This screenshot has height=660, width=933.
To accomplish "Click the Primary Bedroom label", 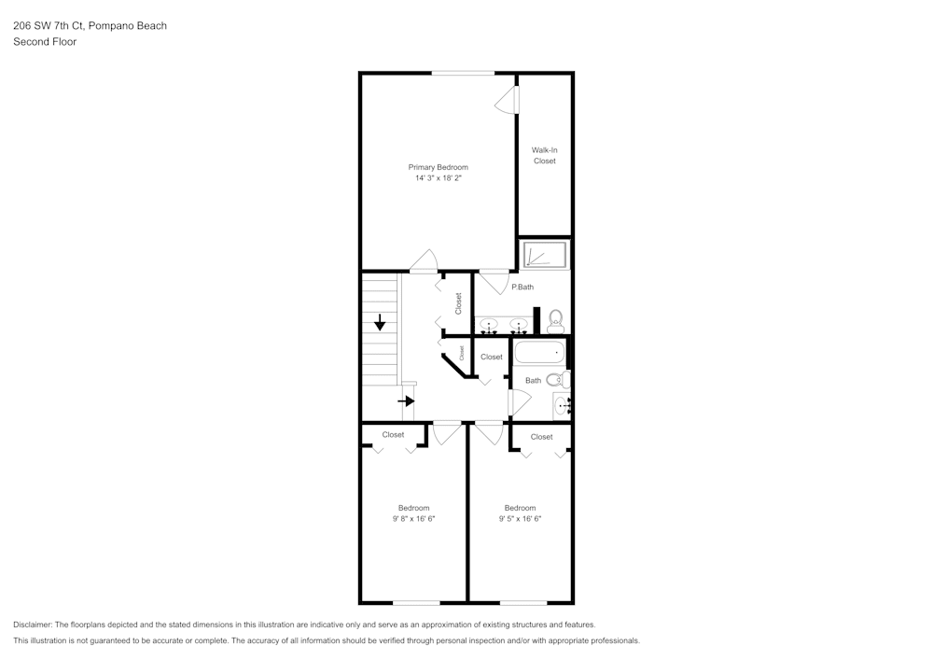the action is pyautogui.click(x=438, y=167).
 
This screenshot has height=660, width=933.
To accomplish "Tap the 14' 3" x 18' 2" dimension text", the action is pyautogui.click(x=439, y=178).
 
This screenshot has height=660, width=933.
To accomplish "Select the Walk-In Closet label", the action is pyautogui.click(x=545, y=155).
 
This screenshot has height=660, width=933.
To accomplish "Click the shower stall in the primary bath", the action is pyautogui.click(x=545, y=254).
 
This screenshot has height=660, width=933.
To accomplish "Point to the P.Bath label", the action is pyautogui.click(x=522, y=287).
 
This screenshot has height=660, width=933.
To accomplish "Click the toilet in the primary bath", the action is pyautogui.click(x=555, y=321).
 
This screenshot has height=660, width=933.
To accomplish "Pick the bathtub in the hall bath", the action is pyautogui.click(x=539, y=352).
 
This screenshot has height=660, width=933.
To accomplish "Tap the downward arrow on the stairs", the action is pyautogui.click(x=380, y=322).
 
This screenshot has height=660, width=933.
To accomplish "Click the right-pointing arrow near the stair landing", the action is pyautogui.click(x=406, y=401).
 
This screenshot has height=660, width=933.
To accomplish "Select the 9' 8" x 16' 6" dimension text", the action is pyautogui.click(x=413, y=518).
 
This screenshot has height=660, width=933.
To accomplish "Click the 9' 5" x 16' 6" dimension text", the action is pyautogui.click(x=520, y=518).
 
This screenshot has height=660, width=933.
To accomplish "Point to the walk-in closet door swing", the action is pyautogui.click(x=507, y=100).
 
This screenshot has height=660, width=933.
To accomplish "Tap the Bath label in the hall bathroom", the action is pyautogui.click(x=533, y=380).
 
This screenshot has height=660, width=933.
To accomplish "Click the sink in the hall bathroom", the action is pyautogui.click(x=561, y=406).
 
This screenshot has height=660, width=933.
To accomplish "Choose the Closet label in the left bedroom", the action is pyautogui.click(x=394, y=434).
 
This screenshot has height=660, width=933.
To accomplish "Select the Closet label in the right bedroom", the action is pyautogui.click(x=541, y=437).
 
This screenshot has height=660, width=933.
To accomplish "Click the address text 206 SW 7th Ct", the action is pyautogui.click(x=49, y=25).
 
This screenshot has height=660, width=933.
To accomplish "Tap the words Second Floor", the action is pyautogui.click(x=45, y=42).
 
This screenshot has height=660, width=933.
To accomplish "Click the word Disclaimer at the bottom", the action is pyautogui.click(x=32, y=625).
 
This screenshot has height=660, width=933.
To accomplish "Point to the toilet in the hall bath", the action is pyautogui.click(x=558, y=379).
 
